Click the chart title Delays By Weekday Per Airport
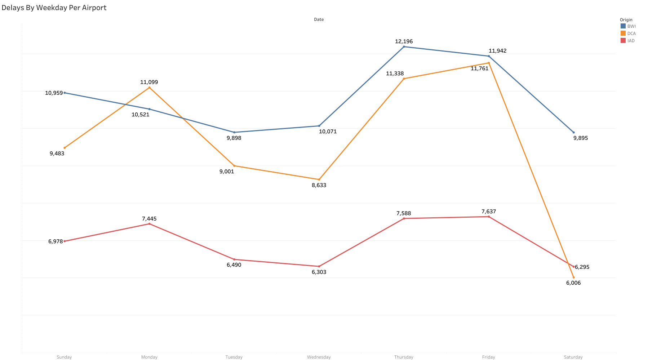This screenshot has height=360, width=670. [x=54, y=8]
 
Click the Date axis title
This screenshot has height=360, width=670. [x=319, y=19]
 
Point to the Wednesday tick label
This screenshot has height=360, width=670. [x=319, y=357]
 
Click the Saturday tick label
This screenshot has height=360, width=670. [x=573, y=357]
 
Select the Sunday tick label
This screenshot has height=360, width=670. [x=64, y=357]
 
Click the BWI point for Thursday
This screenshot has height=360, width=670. [x=404, y=46]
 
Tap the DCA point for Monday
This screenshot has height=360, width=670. [x=150, y=88]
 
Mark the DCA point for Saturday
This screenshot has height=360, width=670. [x=573, y=277]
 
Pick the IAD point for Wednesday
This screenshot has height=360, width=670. [x=319, y=266]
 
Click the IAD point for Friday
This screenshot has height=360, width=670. [x=489, y=217]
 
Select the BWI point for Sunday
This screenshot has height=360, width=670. [x=65, y=93]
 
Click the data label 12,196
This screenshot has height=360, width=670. [x=404, y=41]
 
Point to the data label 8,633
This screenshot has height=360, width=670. [x=319, y=185]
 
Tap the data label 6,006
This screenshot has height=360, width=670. [x=573, y=283]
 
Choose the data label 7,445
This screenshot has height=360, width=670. [x=149, y=219]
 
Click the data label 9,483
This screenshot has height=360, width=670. [x=57, y=154]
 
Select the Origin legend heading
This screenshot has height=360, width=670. [x=626, y=20]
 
